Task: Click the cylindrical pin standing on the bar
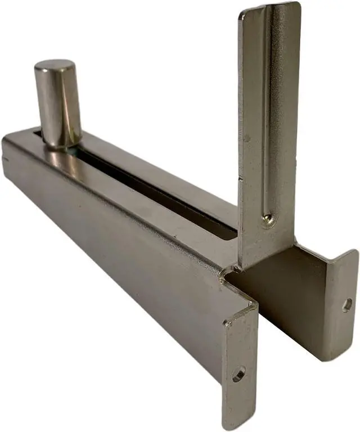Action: pyautogui.click(x=58, y=107)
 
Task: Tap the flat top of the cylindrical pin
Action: pyautogui.click(x=54, y=66)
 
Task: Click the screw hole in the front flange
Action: pyautogui.click(x=238, y=373)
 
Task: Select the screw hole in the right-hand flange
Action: pyautogui.click(x=347, y=304)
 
